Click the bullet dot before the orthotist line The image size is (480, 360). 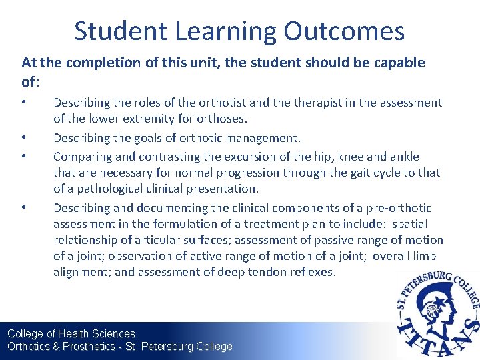(x=24, y=103)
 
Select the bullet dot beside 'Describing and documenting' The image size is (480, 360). (x=24, y=208)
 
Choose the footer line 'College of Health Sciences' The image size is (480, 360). (x=71, y=333)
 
